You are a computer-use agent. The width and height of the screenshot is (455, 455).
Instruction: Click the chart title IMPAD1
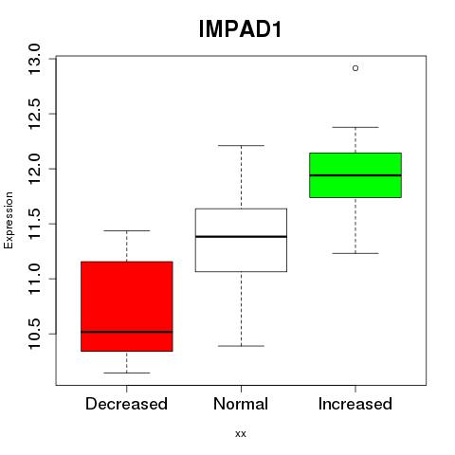(x=240, y=29)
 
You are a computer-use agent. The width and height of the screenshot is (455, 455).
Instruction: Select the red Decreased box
(x=127, y=306)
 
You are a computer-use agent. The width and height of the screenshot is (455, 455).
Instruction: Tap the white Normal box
(x=241, y=240)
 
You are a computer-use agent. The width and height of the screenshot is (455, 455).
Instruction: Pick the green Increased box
(x=355, y=175)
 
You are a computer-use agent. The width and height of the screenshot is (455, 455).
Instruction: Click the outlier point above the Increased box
(x=355, y=68)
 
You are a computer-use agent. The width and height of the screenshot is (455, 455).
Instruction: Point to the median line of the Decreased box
(x=127, y=332)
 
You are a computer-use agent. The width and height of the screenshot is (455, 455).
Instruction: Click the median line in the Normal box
(x=241, y=236)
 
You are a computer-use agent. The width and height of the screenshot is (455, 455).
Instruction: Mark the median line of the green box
(x=355, y=175)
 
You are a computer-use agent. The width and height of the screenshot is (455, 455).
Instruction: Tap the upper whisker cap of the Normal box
(x=241, y=146)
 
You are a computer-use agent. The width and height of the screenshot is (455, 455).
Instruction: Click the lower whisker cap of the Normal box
(x=241, y=346)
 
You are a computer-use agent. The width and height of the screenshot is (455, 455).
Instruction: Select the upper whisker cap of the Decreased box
(x=127, y=230)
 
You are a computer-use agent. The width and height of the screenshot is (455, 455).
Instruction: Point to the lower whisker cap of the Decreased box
(x=127, y=373)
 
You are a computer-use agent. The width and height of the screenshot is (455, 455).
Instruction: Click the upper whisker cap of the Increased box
(x=355, y=127)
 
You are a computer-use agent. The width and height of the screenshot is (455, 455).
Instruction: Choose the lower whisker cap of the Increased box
(x=355, y=253)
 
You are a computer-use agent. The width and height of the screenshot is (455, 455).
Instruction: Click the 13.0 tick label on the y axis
(x=34, y=59)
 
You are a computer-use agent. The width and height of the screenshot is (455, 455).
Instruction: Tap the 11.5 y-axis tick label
(x=34, y=224)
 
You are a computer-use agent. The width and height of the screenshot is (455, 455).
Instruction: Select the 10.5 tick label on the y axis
(x=34, y=334)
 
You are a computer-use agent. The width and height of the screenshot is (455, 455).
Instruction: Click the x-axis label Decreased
(x=126, y=404)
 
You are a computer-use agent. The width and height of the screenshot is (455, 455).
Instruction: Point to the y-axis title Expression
(x=9, y=220)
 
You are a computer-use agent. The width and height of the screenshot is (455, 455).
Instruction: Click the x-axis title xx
(x=241, y=434)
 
